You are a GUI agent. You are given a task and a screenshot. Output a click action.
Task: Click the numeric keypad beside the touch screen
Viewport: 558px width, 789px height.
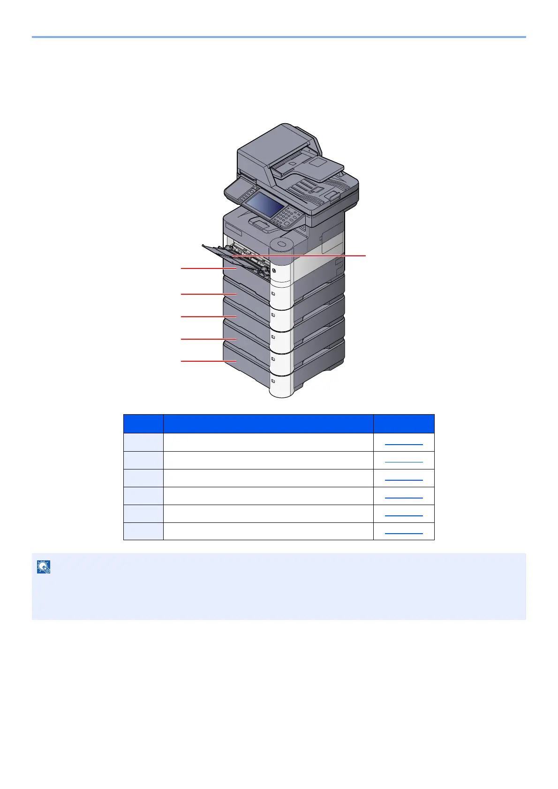pos(287,217)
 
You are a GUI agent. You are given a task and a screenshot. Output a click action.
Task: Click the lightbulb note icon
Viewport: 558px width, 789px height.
pos(44,567)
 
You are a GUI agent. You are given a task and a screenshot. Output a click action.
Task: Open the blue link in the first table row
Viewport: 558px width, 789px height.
pos(403,442)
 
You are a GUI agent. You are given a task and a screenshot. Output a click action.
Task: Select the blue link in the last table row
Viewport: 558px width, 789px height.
pos(403,531)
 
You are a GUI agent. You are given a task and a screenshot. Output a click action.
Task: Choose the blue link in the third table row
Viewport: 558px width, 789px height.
pos(403,478)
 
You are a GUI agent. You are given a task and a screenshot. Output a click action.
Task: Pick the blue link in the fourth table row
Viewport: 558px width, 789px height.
pos(403,496)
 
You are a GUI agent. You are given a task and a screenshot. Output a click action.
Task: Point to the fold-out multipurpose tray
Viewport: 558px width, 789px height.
pos(225,253)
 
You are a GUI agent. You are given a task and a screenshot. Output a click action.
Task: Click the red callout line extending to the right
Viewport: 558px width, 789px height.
pos(319,255)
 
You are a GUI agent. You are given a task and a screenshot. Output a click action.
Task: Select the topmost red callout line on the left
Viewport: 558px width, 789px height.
pos(206,268)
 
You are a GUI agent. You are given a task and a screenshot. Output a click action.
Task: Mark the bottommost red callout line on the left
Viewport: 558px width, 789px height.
pos(206,361)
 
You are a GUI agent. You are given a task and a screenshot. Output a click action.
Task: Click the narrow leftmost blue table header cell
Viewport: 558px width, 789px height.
pos(143,424)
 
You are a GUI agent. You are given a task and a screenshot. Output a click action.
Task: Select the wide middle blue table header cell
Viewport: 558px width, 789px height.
pos(268,424)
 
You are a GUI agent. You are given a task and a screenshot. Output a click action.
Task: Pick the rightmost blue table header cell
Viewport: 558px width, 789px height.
pos(404,424)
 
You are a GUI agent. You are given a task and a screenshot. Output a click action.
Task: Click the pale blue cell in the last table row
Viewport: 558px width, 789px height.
pos(143,531)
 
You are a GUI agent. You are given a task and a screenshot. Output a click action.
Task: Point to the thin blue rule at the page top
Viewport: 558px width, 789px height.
pos(279,37)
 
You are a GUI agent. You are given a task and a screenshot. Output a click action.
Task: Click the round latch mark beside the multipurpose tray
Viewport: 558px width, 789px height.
pos(274,270)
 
